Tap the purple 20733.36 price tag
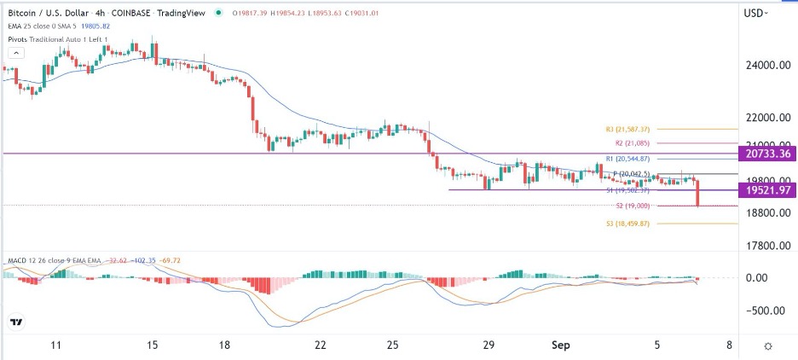click(767, 154)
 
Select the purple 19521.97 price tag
click(767, 190)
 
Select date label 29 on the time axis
click(489, 345)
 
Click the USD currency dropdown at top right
click(755, 13)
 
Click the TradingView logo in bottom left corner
click(16, 322)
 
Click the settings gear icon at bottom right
click(768, 345)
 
